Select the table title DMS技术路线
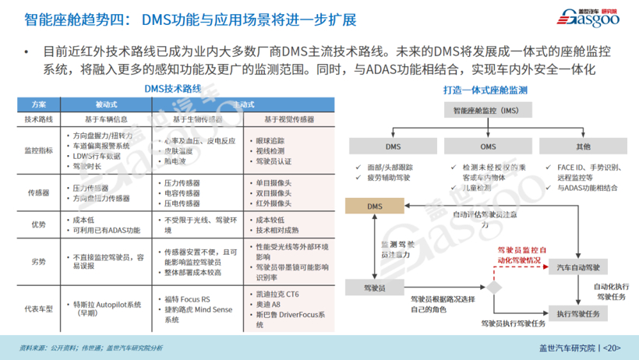pyautogui.click(x=173, y=89)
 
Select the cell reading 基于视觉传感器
pyautogui.click(x=289, y=119)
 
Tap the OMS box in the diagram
pyautogui.click(x=488, y=146)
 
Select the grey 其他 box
pyautogui.click(x=583, y=146)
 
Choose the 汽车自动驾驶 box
pyautogui.click(x=578, y=268)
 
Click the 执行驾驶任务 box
pyautogui.click(x=578, y=313)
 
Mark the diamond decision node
pyautogui.click(x=493, y=288)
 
